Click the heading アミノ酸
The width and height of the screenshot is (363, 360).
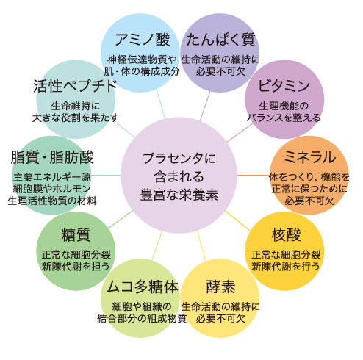coord(143,40)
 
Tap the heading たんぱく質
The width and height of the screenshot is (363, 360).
coord(221,40)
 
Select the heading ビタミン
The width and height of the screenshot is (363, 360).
coord(284,86)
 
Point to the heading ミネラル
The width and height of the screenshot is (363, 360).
coord(309,157)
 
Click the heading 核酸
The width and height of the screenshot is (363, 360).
coord(286,235)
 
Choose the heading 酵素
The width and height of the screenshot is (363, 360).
coord(220,287)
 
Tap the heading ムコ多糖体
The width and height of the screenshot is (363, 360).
coord(143,287)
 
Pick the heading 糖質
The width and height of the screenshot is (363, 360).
coord(76,235)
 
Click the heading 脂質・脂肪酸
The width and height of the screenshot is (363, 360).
coord(52,157)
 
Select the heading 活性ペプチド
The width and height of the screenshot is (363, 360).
coord(75,86)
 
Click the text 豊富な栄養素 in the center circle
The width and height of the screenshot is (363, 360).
coord(179,195)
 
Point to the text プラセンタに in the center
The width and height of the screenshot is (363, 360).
coord(179,159)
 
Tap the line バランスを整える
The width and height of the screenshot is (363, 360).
coord(284,118)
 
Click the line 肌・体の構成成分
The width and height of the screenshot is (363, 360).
coord(142,71)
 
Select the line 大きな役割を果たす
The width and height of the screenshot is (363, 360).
coord(76,118)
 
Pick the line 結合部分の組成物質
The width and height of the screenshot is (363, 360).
coord(142,318)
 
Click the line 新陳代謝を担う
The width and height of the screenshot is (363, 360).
coord(76,266)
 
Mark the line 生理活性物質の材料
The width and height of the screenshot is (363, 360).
coord(52,201)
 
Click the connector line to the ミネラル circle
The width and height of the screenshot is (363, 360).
coord(254,175)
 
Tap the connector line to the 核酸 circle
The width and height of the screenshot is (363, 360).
coord(237,220)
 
